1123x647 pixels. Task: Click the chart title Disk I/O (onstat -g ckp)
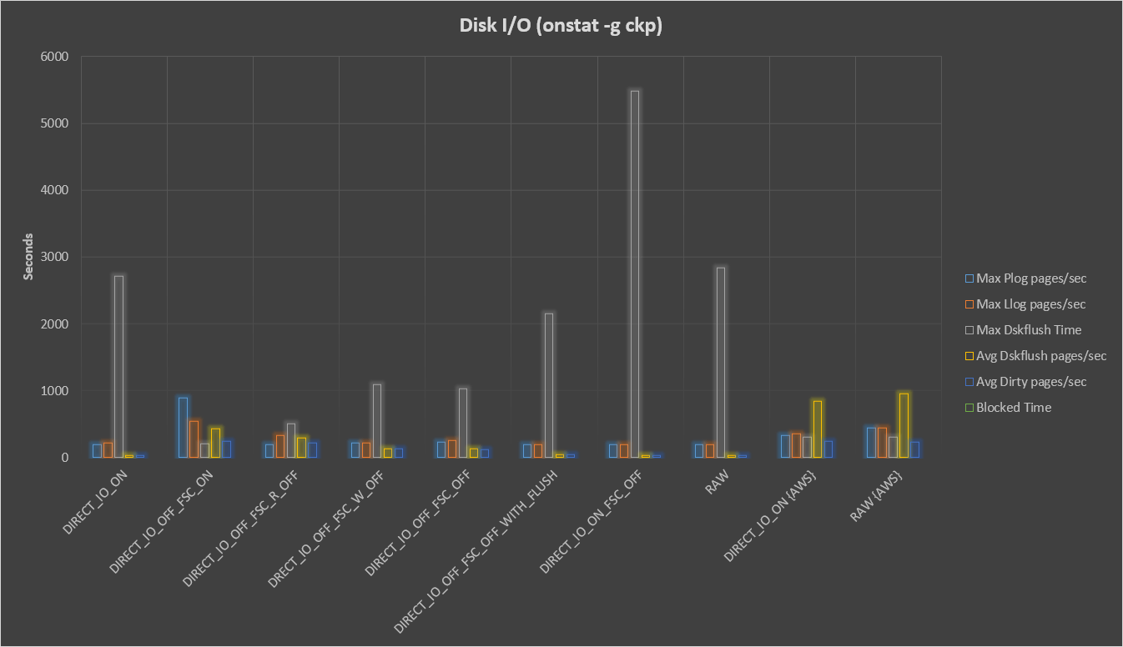click(x=561, y=26)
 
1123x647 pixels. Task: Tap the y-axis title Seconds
click(x=28, y=257)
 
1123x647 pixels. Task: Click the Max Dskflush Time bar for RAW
click(x=721, y=362)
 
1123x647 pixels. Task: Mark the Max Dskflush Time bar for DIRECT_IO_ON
click(x=119, y=366)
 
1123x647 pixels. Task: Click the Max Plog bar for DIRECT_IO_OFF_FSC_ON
click(x=184, y=427)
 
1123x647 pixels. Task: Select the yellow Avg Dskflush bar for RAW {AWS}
click(x=904, y=425)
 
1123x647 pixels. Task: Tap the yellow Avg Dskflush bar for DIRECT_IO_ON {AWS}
click(x=818, y=429)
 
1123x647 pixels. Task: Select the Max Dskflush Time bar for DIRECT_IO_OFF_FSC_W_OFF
click(x=377, y=420)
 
